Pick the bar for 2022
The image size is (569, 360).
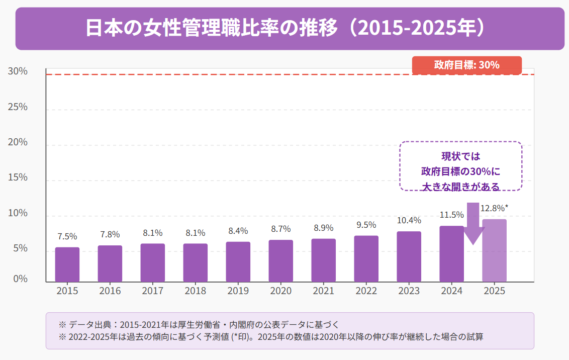click(366, 258)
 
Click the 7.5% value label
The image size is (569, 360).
click(67, 236)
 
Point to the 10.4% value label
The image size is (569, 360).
click(409, 220)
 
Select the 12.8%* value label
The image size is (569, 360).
click(494, 208)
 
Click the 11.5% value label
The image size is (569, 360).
click(451, 215)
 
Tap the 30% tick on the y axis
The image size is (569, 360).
click(18, 71)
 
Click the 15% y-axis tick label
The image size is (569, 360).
click(18, 177)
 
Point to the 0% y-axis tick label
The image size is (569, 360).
click(20, 279)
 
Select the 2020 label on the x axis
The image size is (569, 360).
click(280, 291)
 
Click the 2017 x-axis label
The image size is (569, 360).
click(152, 291)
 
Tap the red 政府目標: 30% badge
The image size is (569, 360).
click(466, 65)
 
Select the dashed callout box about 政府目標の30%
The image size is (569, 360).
click(461, 166)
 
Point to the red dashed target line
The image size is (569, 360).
click(226, 75)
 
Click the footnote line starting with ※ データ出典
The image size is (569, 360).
click(201, 324)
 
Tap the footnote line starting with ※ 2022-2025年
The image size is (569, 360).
click(271, 337)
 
